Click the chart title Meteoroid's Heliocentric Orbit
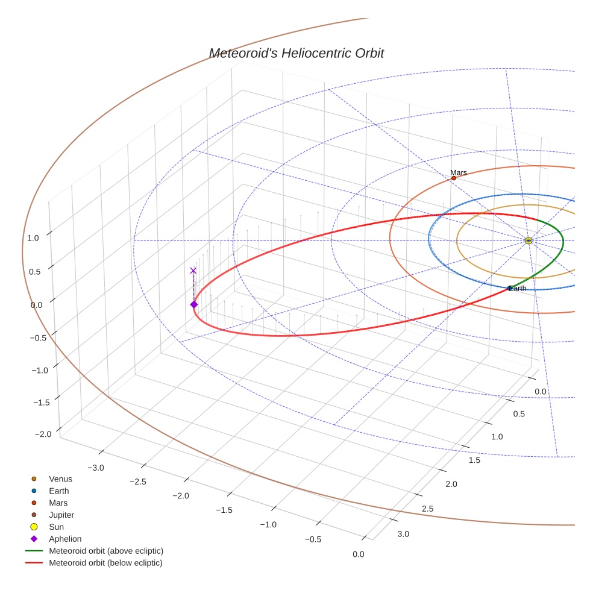(296, 53)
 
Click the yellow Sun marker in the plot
(529, 240)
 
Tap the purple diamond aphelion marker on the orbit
(193, 304)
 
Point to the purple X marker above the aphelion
(193, 271)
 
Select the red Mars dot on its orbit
(454, 178)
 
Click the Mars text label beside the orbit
(458, 172)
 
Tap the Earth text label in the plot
(518, 288)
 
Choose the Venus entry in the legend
(60, 478)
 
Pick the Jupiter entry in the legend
(61, 515)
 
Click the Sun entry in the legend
(57, 527)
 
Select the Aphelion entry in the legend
(65, 539)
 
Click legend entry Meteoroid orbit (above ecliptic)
(106, 551)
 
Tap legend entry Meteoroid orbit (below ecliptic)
(105, 563)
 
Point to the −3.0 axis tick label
(96, 468)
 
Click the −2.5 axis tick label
(139, 482)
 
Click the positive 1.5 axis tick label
(474, 460)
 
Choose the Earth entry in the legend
(59, 491)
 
